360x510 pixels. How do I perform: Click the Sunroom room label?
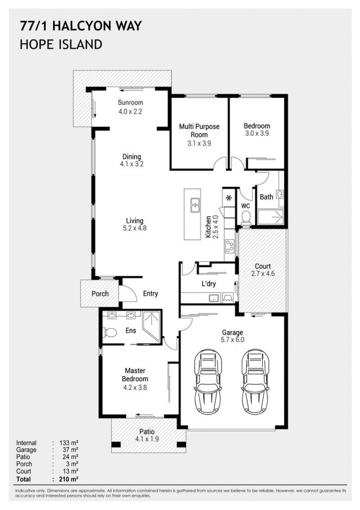coord(130,102)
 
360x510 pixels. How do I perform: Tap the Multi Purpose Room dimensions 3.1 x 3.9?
coord(199,143)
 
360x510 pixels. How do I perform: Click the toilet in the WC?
coord(246,217)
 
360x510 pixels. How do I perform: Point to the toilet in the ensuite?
coord(110,332)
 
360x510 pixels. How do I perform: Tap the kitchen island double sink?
coord(195,205)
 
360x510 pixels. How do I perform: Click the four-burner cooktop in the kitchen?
coord(229,246)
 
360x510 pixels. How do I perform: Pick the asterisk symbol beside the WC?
coord(229,197)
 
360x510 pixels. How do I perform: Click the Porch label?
coord(100,294)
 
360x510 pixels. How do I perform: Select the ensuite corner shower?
coord(151,327)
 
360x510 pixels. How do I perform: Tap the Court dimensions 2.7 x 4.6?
coord(263,273)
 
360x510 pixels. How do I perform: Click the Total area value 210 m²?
coord(69,479)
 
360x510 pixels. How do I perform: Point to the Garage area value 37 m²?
coord(70,450)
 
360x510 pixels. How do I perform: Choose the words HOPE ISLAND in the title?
coord(61,44)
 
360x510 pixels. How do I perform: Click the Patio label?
coord(147,432)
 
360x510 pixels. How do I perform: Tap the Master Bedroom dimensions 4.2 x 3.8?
coord(135,387)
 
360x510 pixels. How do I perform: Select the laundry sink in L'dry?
coord(214,298)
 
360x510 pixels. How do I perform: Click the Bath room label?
coord(267,197)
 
